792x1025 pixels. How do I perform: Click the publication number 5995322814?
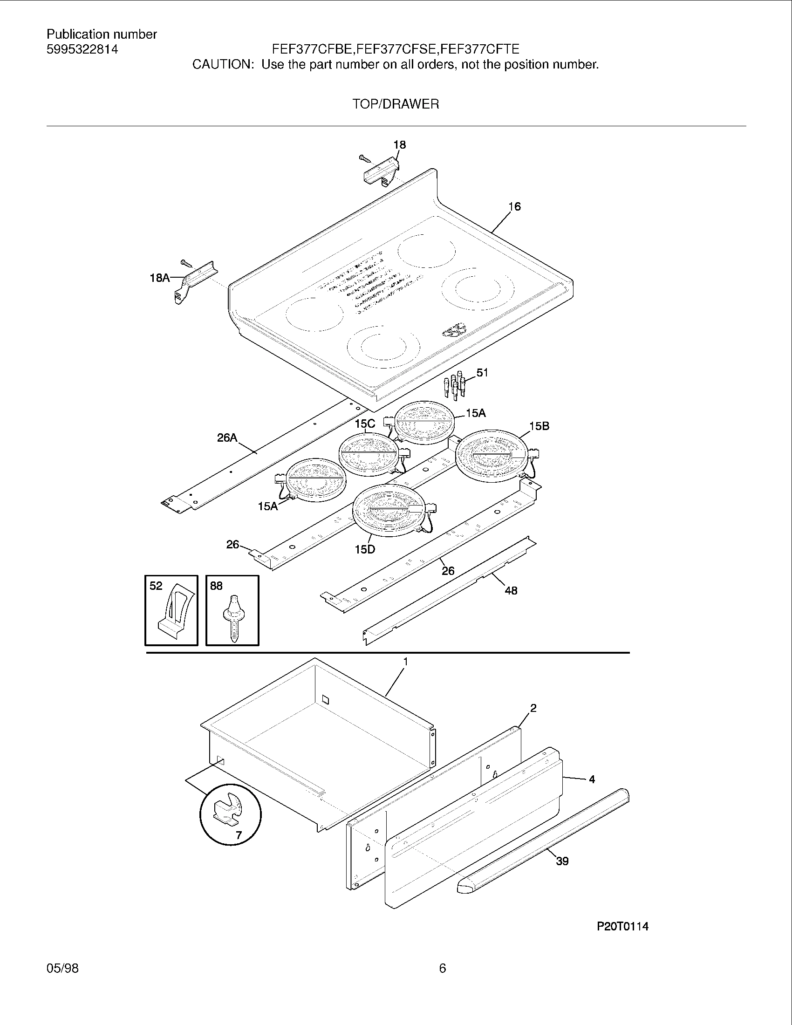coord(82,49)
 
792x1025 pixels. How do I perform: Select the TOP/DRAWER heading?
coord(396,104)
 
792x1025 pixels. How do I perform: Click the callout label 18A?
coord(159,278)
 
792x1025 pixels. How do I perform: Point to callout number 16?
coord(515,206)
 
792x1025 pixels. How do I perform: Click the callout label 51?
coord(482,373)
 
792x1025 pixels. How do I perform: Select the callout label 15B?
coord(539,426)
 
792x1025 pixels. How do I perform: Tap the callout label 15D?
coord(365,549)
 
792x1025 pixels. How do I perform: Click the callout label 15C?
coord(365,424)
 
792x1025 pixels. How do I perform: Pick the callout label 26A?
coord(227,438)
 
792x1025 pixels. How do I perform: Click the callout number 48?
coord(511,591)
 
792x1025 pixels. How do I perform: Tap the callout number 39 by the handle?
coord(562,861)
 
